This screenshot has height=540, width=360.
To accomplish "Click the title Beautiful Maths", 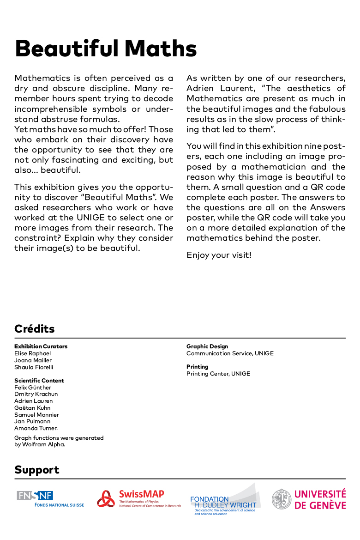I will (106, 48).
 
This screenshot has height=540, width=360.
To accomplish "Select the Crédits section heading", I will (35, 329).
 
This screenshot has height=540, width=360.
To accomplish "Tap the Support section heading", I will (37, 470).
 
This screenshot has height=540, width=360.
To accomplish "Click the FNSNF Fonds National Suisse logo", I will (50, 499).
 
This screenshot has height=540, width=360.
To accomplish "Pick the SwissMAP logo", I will (138, 499).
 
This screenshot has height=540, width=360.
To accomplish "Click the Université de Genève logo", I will (308, 499).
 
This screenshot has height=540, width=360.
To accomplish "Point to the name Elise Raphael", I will (33, 353).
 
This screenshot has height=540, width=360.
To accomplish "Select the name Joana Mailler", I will (33, 360).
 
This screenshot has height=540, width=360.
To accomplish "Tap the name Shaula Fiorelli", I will (34, 367).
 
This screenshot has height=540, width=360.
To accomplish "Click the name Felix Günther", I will (33, 388).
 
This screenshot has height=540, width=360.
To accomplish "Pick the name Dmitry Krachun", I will (36, 394).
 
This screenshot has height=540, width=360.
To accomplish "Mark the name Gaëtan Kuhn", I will (32, 408).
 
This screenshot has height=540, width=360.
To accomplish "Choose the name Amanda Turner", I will (36, 428).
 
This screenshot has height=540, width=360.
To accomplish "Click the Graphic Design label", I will (207, 346).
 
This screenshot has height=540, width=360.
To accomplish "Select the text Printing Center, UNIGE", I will (218, 374).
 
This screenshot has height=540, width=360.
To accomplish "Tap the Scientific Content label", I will (39, 381).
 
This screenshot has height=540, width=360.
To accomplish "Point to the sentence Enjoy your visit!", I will (219, 255).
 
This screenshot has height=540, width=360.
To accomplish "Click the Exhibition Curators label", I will (41, 346).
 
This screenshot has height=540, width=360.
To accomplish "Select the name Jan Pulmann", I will (32, 421).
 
